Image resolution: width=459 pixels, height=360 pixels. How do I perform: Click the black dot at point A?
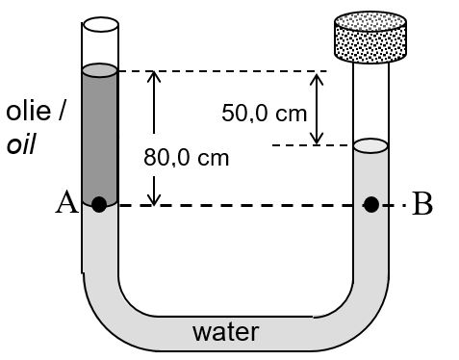click(x=99, y=204)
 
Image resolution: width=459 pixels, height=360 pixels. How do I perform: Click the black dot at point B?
click(x=370, y=204)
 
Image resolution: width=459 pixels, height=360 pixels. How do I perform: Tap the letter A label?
click(x=67, y=203)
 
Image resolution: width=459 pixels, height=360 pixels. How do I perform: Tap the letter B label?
click(x=421, y=205)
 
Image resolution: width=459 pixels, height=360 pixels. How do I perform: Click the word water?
click(x=226, y=333)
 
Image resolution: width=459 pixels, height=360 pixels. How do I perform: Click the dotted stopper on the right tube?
click(x=370, y=37)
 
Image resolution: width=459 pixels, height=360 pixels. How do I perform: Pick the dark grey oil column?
click(x=99, y=135)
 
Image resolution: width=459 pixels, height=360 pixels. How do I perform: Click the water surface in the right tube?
click(x=370, y=146)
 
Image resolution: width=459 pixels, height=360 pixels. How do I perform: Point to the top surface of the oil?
click(x=99, y=69)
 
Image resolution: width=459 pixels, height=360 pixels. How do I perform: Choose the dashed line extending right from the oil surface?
click(x=221, y=70)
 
